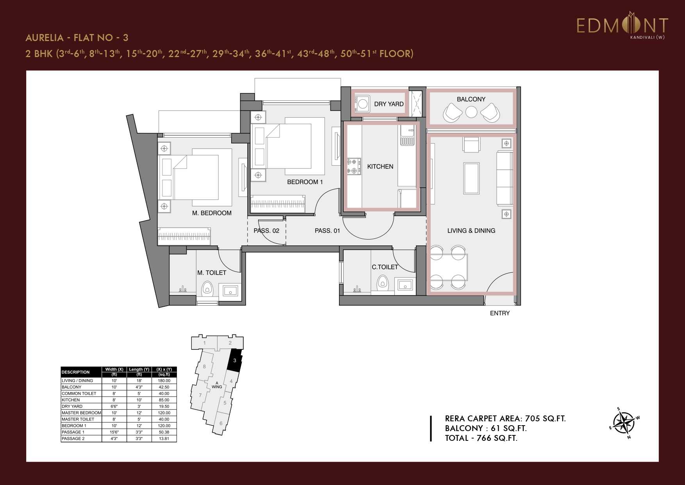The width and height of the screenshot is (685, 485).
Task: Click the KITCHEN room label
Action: coord(380,166)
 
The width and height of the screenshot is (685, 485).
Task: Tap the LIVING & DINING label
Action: coord(471,231)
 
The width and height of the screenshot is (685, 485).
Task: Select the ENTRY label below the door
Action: coord(499,313)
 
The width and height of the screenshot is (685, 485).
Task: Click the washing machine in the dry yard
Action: coord(363,104)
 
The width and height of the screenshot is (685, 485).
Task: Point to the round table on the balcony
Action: coord(471,112)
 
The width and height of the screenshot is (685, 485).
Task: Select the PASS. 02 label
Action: coord(266,231)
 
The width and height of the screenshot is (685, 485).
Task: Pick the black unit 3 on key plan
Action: coord(235,361)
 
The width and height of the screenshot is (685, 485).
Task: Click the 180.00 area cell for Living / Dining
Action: coord(164,380)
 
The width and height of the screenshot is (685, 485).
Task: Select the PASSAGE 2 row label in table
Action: coord(73,438)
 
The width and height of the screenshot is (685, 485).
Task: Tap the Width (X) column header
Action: coord(114,369)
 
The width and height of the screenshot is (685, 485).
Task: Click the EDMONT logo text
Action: coord(622,26)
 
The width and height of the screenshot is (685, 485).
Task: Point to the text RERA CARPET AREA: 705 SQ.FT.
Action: coord(505,419)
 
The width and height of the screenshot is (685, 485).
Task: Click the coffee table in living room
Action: coord(471,178)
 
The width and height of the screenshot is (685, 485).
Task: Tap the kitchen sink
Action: coord(407,136)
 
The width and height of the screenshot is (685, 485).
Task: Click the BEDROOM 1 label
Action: coord(305,182)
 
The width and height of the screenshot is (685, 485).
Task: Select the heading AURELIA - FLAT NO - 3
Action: coord(77,38)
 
